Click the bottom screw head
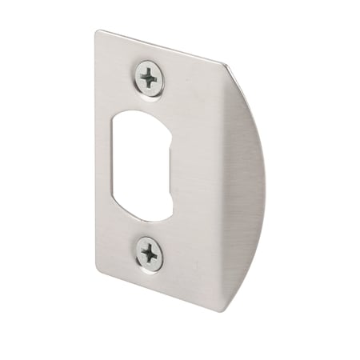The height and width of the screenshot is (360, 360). [149, 254]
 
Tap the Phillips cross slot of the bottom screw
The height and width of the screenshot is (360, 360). [149, 254]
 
